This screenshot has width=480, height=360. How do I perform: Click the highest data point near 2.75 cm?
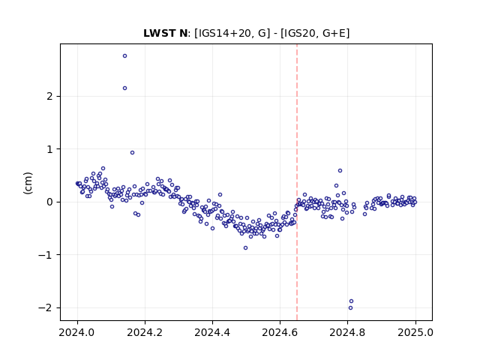pyautogui.click(x=125, y=56)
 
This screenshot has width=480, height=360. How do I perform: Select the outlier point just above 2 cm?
pyautogui.click(x=125, y=88)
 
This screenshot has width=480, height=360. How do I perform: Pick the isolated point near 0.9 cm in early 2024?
pyautogui.click(x=132, y=153)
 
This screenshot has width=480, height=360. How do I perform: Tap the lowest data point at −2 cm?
pyautogui.click(x=350, y=308)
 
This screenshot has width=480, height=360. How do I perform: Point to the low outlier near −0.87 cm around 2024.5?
pyautogui.click(x=245, y=248)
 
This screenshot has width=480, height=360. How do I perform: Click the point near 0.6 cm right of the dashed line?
pyautogui.click(x=340, y=171)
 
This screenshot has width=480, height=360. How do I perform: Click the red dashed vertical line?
pyautogui.click(x=297, y=182)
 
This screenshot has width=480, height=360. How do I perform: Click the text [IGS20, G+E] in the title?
pyautogui.click(x=315, y=33)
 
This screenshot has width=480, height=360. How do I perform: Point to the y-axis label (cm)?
pyautogui.click(x=28, y=183)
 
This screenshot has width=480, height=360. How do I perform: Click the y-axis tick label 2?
pyautogui.click(x=49, y=97)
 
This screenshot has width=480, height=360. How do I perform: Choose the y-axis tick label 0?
pyautogui.click(x=49, y=202)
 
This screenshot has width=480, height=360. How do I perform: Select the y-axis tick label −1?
pyautogui.click(x=45, y=255)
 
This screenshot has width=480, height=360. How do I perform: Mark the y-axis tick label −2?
pyautogui.click(x=45, y=307)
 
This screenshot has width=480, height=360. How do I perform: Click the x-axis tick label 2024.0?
pyautogui.click(x=76, y=332)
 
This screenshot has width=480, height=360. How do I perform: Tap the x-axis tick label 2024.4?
pyautogui.click(x=212, y=332)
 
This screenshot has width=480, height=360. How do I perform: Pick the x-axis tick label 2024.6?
pyautogui.click(x=280, y=332)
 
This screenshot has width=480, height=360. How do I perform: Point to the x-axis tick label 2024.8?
pyautogui.click(x=347, y=332)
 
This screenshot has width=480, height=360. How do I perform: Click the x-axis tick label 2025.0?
pyautogui.click(x=415, y=332)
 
